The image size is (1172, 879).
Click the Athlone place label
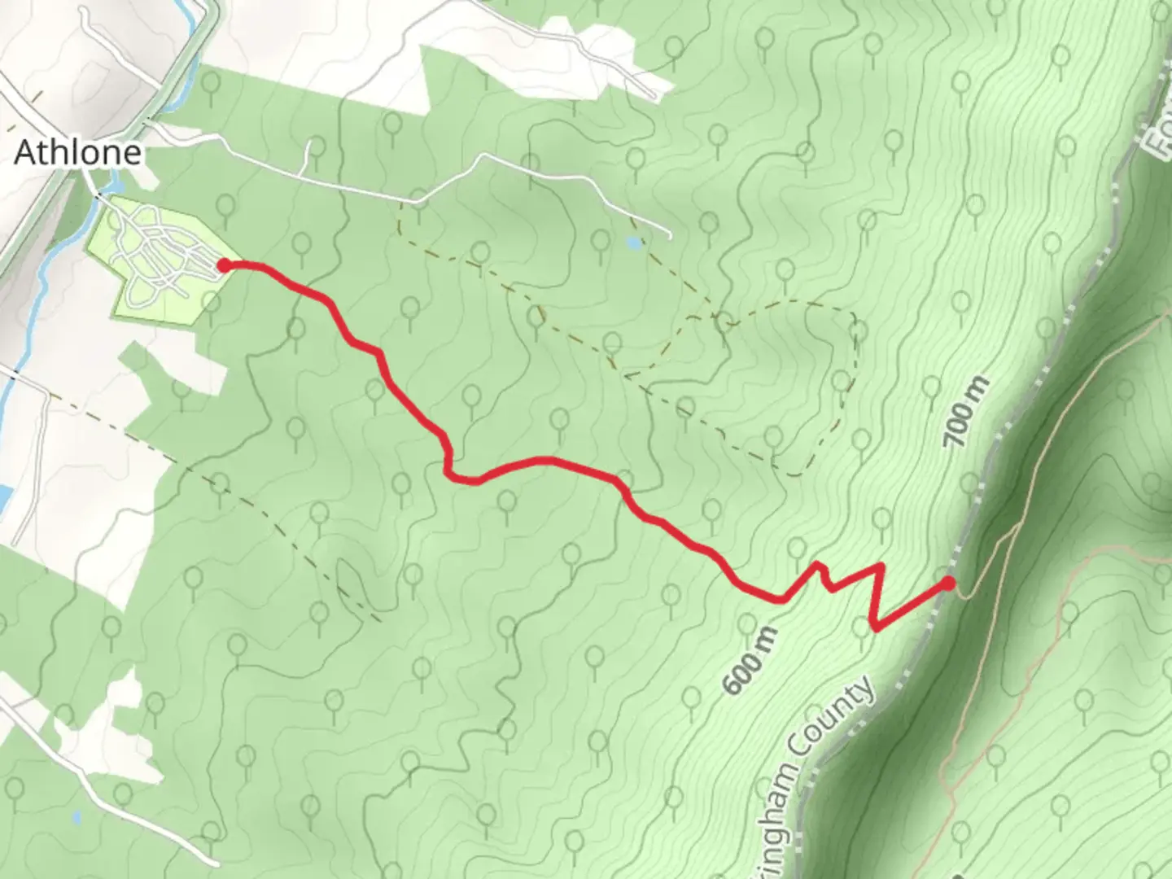(x=78, y=152)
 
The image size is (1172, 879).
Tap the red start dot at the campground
(x=222, y=265)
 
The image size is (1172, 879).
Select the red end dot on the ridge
(x=948, y=583)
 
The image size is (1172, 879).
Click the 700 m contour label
(x=968, y=412)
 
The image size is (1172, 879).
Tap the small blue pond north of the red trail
(x=632, y=242)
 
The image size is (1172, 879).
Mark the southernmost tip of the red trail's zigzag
(x=874, y=626)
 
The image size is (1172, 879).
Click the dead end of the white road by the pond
(x=670, y=236)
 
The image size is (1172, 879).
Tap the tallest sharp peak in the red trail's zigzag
(x=880, y=565)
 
